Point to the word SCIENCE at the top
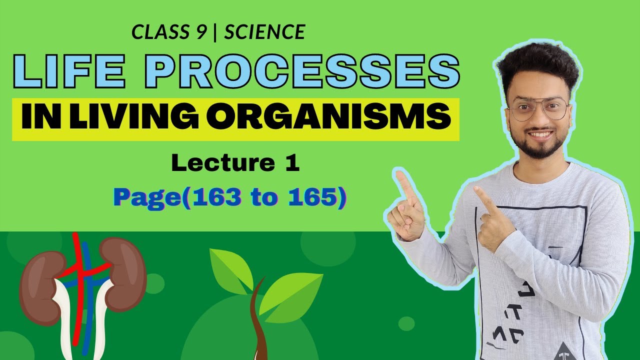[264, 32]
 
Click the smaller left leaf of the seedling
[230, 270]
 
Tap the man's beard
[537, 147]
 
